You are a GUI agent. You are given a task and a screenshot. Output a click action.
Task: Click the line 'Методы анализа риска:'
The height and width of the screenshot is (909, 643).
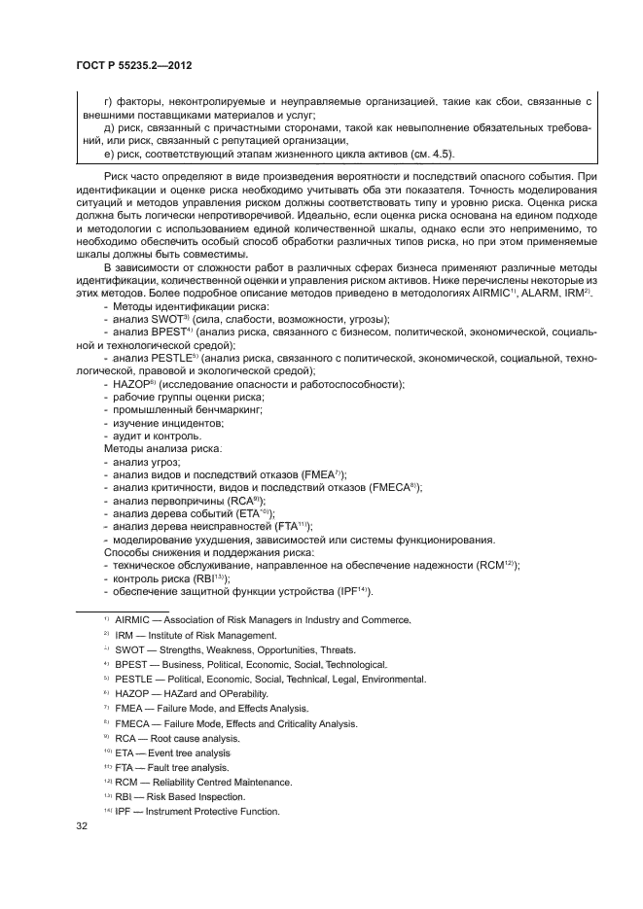[x=161, y=449]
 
